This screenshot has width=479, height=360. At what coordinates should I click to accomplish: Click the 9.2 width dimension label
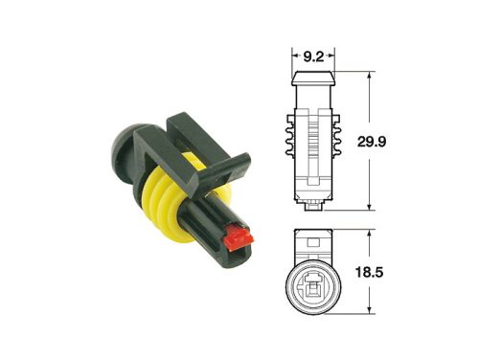[x=312, y=56]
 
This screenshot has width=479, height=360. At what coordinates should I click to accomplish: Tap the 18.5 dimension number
[x=395, y=272]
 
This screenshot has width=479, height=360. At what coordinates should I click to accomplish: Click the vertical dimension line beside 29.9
[x=369, y=140]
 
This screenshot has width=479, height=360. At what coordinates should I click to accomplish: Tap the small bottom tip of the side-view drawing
[x=313, y=205]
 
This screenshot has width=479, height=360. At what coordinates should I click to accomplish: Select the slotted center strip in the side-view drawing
[x=312, y=144]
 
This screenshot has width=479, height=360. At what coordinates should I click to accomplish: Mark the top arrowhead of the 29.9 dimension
[x=369, y=74]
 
